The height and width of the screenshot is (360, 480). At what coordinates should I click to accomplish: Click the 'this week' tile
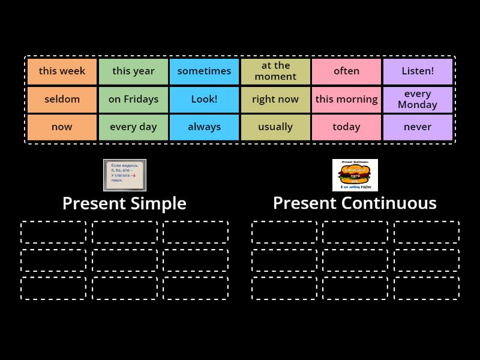[62, 71]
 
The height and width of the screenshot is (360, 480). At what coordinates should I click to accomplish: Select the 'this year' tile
[133, 71]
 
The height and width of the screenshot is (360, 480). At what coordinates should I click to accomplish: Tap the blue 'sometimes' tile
[204, 71]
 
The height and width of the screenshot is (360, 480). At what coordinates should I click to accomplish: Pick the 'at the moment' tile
[275, 71]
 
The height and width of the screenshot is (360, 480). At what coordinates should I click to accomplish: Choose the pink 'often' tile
[346, 71]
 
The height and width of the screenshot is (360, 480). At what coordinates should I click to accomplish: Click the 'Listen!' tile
[418, 71]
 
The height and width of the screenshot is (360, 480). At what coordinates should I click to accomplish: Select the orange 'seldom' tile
[62, 99]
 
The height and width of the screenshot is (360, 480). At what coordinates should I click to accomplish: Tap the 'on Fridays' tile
[133, 99]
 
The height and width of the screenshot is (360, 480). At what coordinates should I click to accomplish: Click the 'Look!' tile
[204, 99]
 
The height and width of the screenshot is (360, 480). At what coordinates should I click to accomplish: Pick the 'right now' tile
[275, 99]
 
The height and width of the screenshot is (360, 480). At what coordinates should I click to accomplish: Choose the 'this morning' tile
[346, 99]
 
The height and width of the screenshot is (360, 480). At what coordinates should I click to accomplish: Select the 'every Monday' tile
[418, 99]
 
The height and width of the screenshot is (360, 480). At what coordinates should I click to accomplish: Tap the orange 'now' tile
[62, 127]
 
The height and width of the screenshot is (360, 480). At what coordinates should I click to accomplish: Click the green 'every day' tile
[133, 127]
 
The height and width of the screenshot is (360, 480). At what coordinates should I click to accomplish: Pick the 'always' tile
[204, 127]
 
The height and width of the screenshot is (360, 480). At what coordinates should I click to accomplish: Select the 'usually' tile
[275, 127]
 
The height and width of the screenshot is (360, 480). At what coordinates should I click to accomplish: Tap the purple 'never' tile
[418, 127]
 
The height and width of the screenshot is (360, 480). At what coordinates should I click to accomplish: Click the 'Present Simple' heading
[124, 203]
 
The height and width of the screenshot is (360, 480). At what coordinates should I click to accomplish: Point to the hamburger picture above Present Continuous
[355, 175]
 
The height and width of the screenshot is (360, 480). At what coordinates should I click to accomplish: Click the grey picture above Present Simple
[125, 175]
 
